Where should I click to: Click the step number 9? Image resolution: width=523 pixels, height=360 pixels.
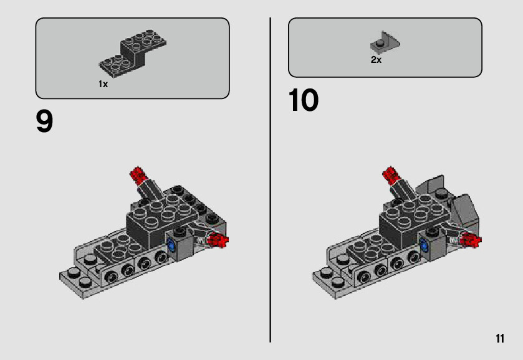(x=44, y=121)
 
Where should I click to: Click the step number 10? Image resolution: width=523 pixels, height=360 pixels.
(x=303, y=100)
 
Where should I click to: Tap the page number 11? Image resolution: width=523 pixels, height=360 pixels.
(x=500, y=338)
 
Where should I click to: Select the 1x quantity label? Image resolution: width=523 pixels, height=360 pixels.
(x=103, y=84)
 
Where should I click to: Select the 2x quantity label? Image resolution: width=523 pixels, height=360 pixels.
(x=376, y=60)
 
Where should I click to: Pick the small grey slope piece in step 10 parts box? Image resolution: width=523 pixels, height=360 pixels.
(x=385, y=42)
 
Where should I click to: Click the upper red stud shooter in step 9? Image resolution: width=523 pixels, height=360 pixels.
(x=138, y=174)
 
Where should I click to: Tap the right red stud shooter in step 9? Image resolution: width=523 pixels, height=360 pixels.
(x=218, y=240)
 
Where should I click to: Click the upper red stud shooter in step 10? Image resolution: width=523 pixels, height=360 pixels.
(x=391, y=174)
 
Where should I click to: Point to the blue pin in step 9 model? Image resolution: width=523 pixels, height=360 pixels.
(x=171, y=246)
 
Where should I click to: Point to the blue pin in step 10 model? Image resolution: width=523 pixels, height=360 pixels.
(x=425, y=246)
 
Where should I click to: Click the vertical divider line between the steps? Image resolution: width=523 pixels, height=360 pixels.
(x=270, y=180)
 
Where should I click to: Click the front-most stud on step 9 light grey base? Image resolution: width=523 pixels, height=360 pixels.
(x=85, y=282)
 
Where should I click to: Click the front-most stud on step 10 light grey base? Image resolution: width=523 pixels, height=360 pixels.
(x=338, y=282)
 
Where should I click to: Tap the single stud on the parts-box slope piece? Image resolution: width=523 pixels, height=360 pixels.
(x=379, y=43)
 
